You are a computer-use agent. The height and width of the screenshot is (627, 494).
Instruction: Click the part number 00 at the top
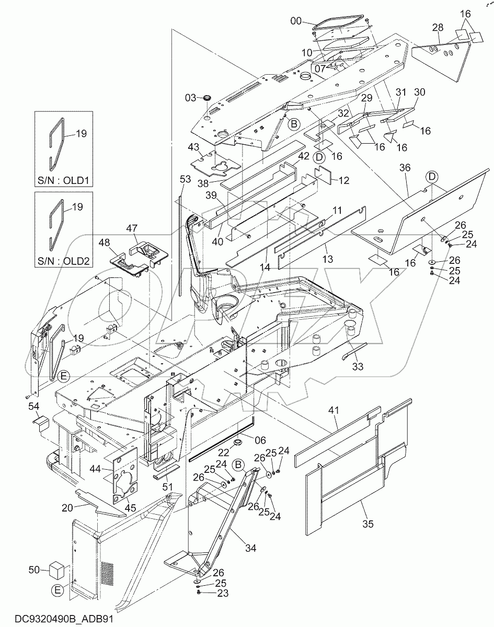pyautogui.click(x=295, y=21)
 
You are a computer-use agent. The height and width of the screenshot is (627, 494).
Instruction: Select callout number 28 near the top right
pyautogui.click(x=438, y=27)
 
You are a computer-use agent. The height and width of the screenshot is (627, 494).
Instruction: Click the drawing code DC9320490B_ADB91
pyautogui.click(x=58, y=619)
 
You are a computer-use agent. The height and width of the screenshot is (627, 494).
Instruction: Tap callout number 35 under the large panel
pyautogui.click(x=367, y=523)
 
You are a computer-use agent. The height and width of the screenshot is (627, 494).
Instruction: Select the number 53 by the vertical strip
pyautogui.click(x=185, y=179)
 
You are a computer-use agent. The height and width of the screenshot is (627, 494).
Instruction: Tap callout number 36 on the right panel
pyautogui.click(x=405, y=168)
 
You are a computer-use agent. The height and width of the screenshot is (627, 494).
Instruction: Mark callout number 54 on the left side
pyautogui.click(x=33, y=406)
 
